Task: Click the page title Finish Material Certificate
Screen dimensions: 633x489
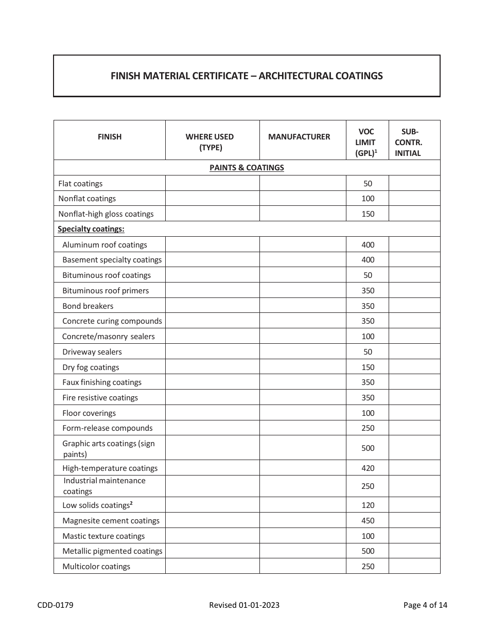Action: point(247,76)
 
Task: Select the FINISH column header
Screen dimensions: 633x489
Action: point(110,137)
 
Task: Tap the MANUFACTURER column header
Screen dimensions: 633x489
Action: point(299,137)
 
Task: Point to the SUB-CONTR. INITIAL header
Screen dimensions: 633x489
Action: point(409,143)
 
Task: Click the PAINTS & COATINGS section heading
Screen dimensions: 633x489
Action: point(247,168)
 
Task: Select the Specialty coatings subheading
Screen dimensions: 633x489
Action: point(91,229)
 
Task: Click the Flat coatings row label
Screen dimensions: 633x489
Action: point(80,184)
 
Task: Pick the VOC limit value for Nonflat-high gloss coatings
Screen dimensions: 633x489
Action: point(368,214)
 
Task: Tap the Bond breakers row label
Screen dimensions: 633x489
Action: point(88,306)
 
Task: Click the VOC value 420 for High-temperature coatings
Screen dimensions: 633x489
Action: point(368,468)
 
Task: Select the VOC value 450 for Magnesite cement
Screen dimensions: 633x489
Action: point(368,521)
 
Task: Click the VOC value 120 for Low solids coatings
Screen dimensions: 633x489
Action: point(368,505)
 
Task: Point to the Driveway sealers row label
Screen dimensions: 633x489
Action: point(92,352)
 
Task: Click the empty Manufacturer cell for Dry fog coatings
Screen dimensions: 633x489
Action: point(303,367)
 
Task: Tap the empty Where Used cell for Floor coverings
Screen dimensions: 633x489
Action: point(212,413)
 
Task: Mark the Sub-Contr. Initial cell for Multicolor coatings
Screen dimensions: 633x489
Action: point(414,567)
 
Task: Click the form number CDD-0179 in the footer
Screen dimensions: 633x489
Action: point(55,605)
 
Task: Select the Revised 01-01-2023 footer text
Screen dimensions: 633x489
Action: point(244,605)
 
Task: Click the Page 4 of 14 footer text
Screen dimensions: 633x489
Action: point(425,605)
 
